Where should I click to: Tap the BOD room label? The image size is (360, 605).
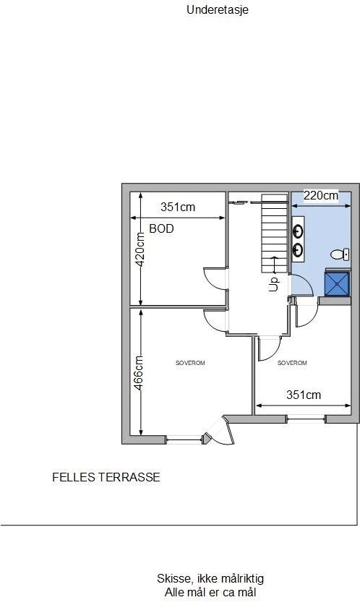[161, 228]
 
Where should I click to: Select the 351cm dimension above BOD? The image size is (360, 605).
[178, 207]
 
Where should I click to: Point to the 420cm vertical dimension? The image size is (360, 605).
[141, 249]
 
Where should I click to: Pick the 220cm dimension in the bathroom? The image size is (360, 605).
[320, 195]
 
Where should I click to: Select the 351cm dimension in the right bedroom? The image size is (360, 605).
[304, 395]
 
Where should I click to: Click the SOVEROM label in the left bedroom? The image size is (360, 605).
[190, 363]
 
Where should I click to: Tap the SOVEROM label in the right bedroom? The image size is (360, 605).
[292, 363]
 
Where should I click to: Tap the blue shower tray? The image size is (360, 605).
[338, 283]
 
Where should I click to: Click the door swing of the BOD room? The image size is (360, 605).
[214, 277]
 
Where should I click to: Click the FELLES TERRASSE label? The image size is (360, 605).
[106, 478]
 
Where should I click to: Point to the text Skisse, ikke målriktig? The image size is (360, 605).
[210, 579]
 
